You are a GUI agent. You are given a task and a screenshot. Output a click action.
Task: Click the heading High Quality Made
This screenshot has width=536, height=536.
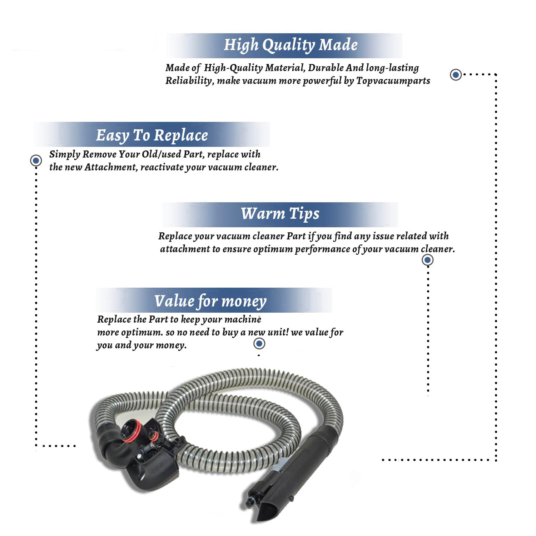(x=291, y=45)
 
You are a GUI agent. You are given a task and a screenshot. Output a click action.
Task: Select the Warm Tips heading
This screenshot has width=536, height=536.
(x=280, y=214)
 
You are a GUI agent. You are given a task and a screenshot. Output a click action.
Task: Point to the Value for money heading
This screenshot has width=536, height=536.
(x=210, y=301)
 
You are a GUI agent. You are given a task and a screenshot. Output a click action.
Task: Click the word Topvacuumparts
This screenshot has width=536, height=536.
(x=393, y=81)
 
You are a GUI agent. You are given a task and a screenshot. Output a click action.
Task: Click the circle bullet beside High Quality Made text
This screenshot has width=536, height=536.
(x=456, y=75)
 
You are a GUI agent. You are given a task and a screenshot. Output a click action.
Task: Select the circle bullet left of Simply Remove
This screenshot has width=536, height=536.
(x=36, y=160)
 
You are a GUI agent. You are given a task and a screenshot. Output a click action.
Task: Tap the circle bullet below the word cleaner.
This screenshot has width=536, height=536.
(x=428, y=260)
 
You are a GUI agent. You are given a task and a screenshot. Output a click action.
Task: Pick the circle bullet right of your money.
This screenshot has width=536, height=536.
(x=259, y=344)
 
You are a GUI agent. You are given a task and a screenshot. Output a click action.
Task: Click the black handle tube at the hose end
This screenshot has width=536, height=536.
(x=286, y=472)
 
